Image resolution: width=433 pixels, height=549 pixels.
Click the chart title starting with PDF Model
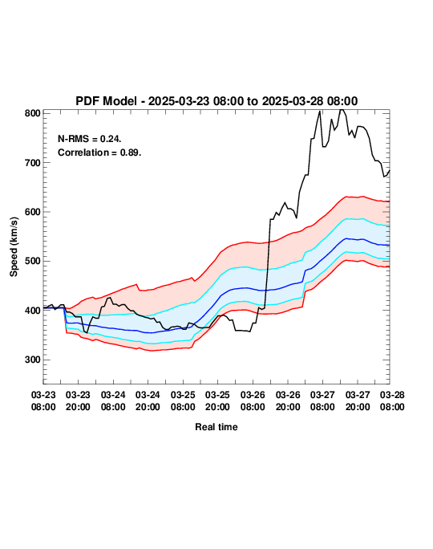click(216, 101)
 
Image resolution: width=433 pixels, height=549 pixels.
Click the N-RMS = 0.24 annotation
click(90, 139)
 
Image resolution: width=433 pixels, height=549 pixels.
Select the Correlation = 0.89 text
click(99, 152)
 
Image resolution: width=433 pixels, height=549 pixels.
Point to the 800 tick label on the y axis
click(33, 113)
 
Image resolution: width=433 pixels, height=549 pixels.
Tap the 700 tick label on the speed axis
click(33, 163)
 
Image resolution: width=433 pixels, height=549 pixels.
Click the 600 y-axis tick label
click(33, 212)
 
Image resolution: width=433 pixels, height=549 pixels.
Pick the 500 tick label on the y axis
click(33, 261)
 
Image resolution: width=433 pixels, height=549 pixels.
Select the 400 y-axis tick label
click(33, 311)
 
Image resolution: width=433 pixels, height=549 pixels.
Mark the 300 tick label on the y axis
click(33, 360)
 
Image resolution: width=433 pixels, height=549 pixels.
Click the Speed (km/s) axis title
click(14, 247)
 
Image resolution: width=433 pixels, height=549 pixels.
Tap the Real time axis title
click(216, 427)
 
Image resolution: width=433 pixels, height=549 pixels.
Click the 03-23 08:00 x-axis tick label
click(43, 401)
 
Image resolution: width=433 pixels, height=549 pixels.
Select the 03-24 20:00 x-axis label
click(148, 401)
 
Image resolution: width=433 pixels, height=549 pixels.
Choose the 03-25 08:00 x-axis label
click(183, 401)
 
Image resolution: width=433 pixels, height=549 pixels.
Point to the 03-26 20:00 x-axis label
click(288, 401)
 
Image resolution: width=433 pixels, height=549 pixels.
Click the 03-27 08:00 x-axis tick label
click(322, 401)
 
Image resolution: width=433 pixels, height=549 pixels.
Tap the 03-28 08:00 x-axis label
click(392, 401)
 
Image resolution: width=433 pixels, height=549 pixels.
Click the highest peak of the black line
click(342, 110)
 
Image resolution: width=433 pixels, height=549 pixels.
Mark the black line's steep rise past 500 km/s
click(268, 263)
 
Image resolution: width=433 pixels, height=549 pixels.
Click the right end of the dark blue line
click(389, 245)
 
